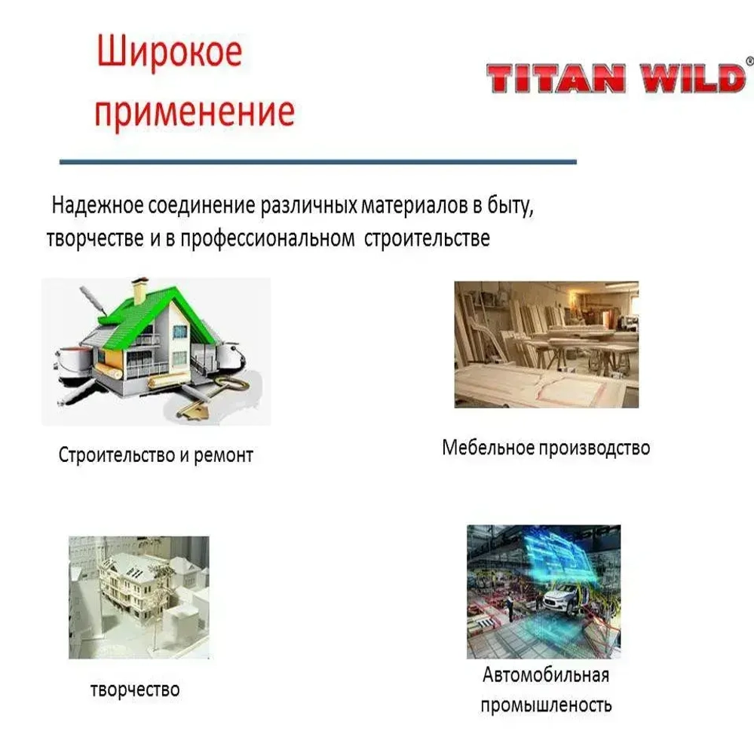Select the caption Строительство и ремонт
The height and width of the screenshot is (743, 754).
[155, 456]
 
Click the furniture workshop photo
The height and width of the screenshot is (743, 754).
[546, 344]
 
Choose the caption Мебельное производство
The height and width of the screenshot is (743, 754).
[546, 448]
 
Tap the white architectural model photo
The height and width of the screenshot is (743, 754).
[139, 597]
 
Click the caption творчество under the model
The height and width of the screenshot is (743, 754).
[135, 689]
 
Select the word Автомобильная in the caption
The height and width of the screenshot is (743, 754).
[546, 674]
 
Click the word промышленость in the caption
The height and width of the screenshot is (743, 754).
[546, 706]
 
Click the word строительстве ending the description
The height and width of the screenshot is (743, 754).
[428, 240]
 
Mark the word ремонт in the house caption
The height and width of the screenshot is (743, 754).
[223, 456]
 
